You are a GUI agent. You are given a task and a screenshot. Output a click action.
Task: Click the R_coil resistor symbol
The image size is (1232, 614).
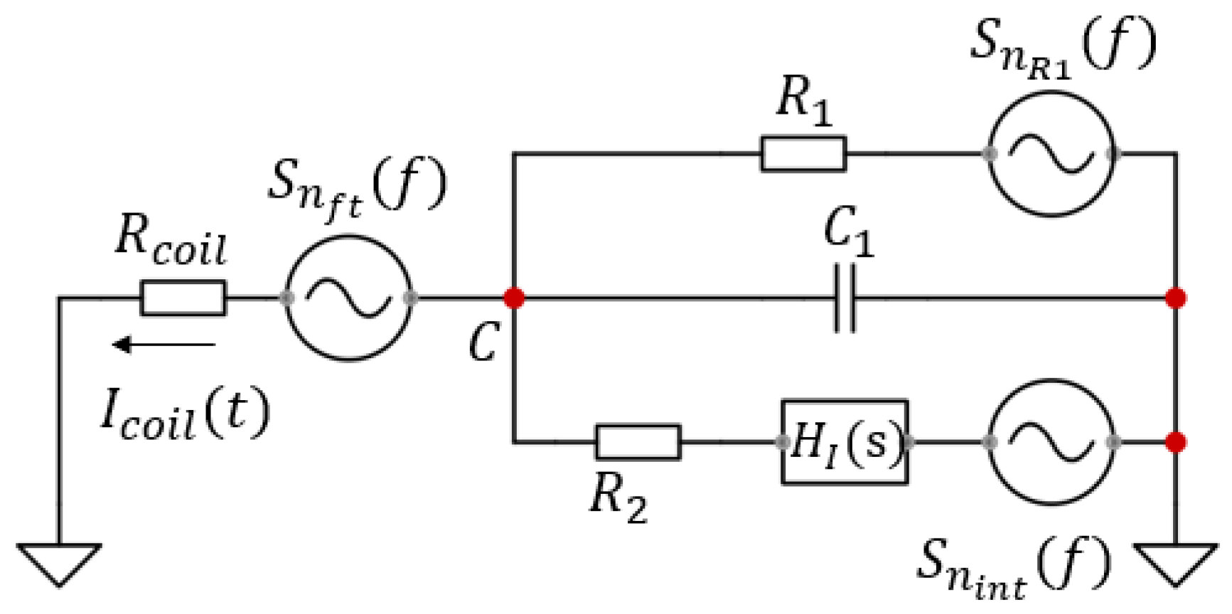click(x=183, y=298)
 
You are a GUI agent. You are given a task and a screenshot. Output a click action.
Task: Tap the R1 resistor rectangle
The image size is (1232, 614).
click(x=803, y=153)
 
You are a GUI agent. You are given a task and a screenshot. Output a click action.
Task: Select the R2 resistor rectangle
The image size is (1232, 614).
click(x=638, y=442)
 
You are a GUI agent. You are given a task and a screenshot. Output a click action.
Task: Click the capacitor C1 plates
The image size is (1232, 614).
click(x=845, y=298)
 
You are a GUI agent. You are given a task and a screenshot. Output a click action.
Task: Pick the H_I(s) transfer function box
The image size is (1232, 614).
click(x=845, y=442)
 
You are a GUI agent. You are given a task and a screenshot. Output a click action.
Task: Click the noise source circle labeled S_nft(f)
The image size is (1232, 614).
click(x=348, y=298)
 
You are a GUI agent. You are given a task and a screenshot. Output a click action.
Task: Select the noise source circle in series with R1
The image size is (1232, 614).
click(x=1051, y=153)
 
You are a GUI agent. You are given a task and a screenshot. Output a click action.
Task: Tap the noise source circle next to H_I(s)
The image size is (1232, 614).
click(x=1051, y=442)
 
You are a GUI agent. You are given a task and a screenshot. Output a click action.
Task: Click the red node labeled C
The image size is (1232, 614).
click(x=514, y=298)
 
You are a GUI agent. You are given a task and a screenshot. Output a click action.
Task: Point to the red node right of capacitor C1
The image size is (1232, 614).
click(x=1176, y=298)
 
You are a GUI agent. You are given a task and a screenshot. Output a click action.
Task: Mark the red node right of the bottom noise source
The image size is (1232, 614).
click(x=1176, y=442)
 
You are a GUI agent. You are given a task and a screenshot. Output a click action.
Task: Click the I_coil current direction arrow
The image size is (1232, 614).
click(x=164, y=345)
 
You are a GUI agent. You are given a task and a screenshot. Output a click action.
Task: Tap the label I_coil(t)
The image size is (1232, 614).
click(x=185, y=414)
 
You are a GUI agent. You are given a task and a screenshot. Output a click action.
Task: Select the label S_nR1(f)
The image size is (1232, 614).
click(x=1063, y=46)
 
